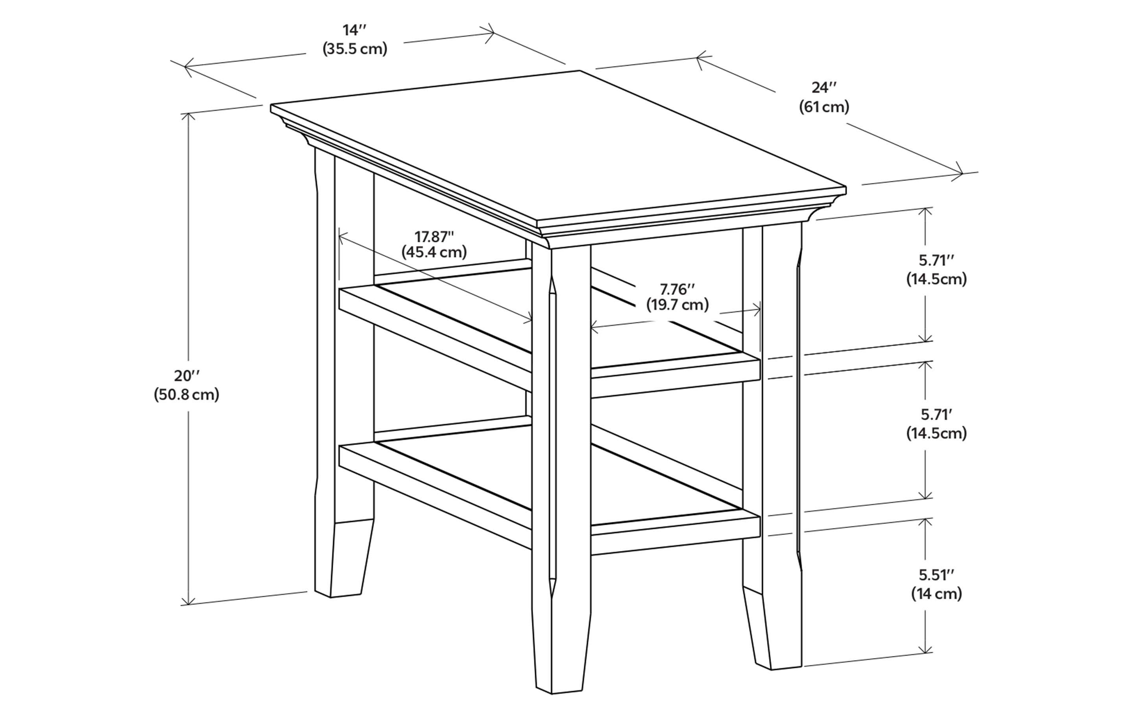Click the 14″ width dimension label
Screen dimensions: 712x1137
354,31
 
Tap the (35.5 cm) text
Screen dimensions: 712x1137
354,49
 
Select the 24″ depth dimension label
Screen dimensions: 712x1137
824,88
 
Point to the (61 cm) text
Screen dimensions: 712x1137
824,107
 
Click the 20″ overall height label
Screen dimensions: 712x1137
187,376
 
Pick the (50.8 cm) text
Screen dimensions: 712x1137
186,395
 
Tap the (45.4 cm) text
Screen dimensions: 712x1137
434,253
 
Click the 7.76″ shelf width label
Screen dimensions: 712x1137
677,288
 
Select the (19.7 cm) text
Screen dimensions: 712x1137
677,305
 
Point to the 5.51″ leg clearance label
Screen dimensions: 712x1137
936,575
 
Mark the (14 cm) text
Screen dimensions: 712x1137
936,594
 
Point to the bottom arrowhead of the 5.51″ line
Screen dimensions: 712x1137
926,651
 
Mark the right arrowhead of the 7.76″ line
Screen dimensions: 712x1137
758,310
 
